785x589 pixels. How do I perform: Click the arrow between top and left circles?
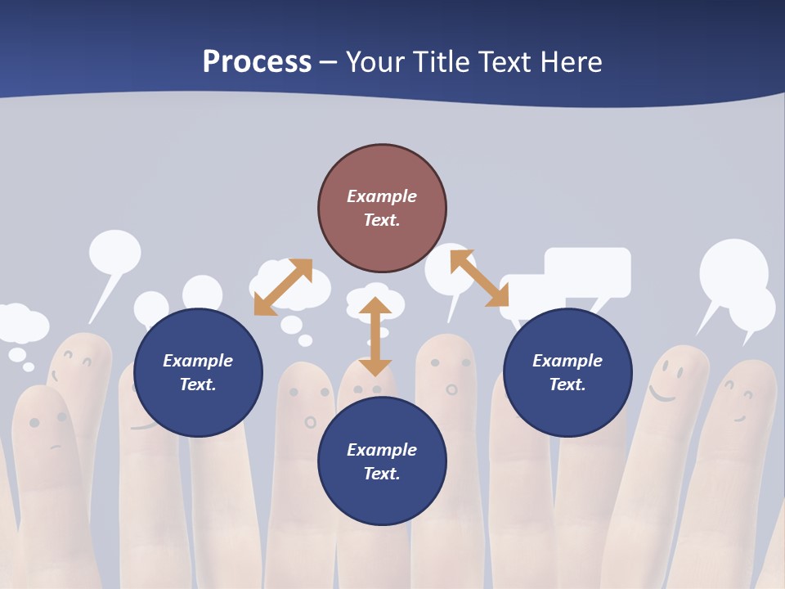pos(283,287)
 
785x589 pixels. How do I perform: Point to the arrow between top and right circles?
pos(479,278)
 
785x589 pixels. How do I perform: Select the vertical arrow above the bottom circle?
pos(375,336)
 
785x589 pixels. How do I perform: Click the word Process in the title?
pos(257,61)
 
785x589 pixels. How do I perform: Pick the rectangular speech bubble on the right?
pos(587,272)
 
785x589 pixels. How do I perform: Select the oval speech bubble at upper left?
pos(114,252)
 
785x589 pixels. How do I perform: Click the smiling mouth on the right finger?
pos(663,396)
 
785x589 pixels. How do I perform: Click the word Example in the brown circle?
pos(382,196)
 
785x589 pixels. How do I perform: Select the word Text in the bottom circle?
pos(382,474)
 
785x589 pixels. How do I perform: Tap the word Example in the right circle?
pos(567,361)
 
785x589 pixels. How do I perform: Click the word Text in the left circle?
pos(198,384)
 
